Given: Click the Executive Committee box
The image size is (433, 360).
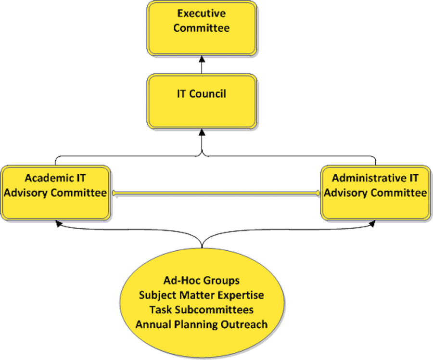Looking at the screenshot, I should tap(202, 28).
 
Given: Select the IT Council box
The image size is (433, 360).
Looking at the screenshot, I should tap(202, 101).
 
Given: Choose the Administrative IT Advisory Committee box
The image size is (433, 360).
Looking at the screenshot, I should tap(375, 193).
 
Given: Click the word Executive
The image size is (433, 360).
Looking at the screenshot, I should tap(202, 13).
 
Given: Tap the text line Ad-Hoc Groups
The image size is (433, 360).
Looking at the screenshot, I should tap(201, 280).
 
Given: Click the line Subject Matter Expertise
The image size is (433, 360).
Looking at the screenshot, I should tap(201, 295).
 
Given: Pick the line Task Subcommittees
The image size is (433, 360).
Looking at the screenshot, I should tap(201, 309).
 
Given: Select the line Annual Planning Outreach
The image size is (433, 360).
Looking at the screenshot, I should tap(201, 324).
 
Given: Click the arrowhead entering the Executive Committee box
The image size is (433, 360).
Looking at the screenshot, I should tap(202, 58).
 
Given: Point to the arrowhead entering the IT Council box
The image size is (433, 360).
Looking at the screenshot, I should tap(202, 132).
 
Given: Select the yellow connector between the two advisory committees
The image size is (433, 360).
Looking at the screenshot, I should tap(216, 193).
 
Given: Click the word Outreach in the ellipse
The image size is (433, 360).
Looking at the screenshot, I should tap(244, 324).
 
